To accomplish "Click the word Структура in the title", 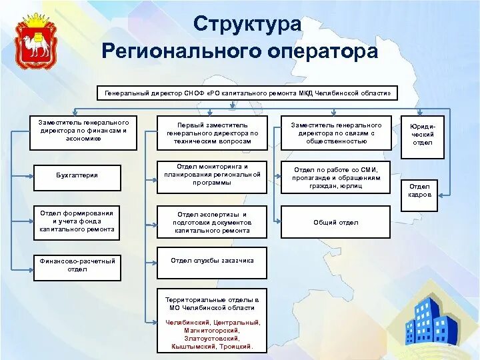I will (247, 24).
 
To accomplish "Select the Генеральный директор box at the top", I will (247, 92).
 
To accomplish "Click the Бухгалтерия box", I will (77, 176).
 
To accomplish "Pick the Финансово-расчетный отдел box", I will (77, 265).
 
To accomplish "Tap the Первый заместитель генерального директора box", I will (212, 133).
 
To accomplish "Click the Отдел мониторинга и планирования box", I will (212, 175).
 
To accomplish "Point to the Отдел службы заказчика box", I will (212, 262).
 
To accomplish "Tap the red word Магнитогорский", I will (212, 330).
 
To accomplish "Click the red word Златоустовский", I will (212, 338).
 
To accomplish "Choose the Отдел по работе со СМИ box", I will (336, 178).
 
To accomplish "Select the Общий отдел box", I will (336, 222).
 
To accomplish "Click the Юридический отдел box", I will (423, 137).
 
